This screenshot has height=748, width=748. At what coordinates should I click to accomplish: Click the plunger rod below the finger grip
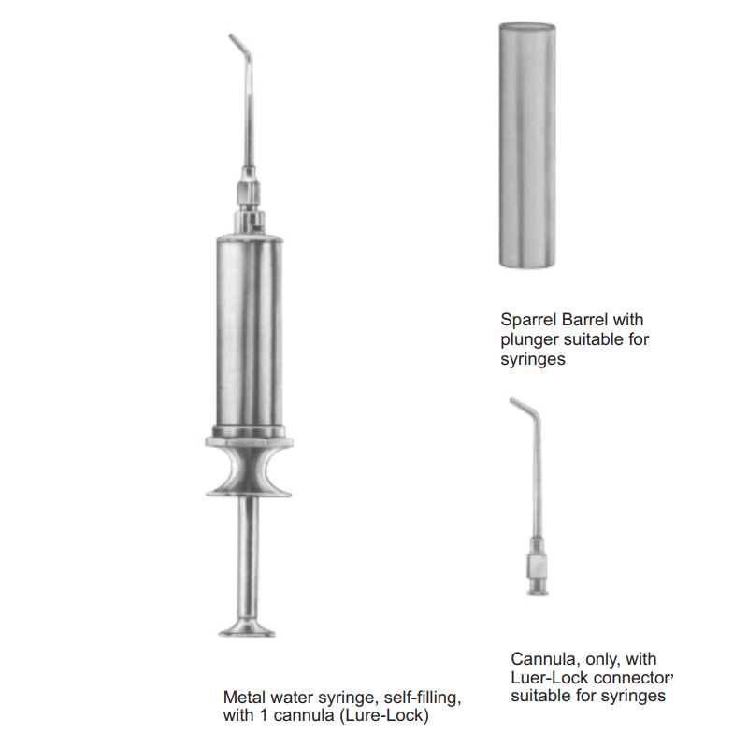[x=248, y=557]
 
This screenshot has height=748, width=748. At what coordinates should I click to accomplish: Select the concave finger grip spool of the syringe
[x=249, y=467]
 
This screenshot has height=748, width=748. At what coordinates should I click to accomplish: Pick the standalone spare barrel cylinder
[x=527, y=146]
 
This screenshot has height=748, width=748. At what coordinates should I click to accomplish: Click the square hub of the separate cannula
[x=537, y=567]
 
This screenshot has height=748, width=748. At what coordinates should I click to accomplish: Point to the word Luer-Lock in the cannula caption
[x=549, y=677]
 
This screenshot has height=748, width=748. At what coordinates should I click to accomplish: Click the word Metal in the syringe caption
[x=244, y=698]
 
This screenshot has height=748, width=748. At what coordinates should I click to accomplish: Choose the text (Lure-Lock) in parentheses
[x=384, y=715]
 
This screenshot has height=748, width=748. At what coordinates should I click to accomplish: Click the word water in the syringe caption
[x=292, y=698]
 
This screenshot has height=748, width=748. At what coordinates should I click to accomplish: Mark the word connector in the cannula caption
[x=630, y=678]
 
